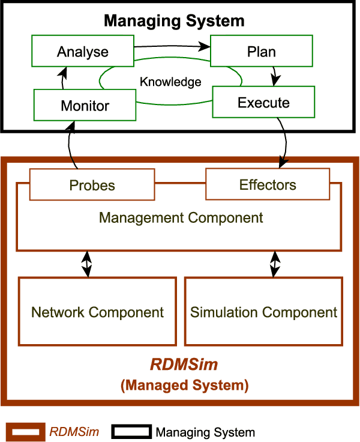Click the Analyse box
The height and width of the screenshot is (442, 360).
pos(83,51)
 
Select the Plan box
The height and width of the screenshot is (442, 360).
pos(261,51)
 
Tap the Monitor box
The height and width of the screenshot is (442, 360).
pos(85,106)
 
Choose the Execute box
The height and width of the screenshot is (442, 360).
pos(263,102)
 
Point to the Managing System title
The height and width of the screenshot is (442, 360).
pos(174,21)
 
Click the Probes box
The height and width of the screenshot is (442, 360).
pos(92,184)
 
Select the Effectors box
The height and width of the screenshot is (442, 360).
pos(268,184)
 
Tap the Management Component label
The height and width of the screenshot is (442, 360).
pos(181,217)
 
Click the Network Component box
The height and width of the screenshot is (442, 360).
pos(97,312)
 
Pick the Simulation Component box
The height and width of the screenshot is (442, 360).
pos(263,312)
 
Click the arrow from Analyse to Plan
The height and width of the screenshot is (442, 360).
pos(172,45)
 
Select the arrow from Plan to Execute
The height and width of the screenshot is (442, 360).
pos(275,75)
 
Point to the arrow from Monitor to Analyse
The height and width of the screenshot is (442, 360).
pos(62,78)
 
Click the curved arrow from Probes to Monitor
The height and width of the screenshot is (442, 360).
pos(71,144)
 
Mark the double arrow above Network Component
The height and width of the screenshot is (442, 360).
pos(88,264)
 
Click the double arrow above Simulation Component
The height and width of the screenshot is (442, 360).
pos(275,264)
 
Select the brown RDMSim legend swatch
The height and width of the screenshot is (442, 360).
pos(25,432)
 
